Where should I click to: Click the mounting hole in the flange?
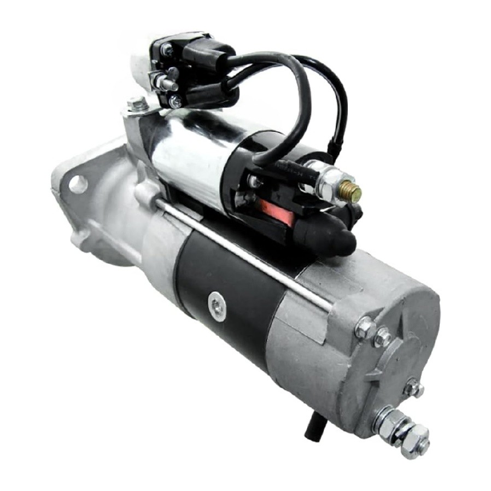[x=78, y=184]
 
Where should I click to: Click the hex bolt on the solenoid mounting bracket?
[x=137, y=104]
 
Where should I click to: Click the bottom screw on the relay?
[x=175, y=101]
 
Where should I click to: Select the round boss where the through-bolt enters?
[x=146, y=194]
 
